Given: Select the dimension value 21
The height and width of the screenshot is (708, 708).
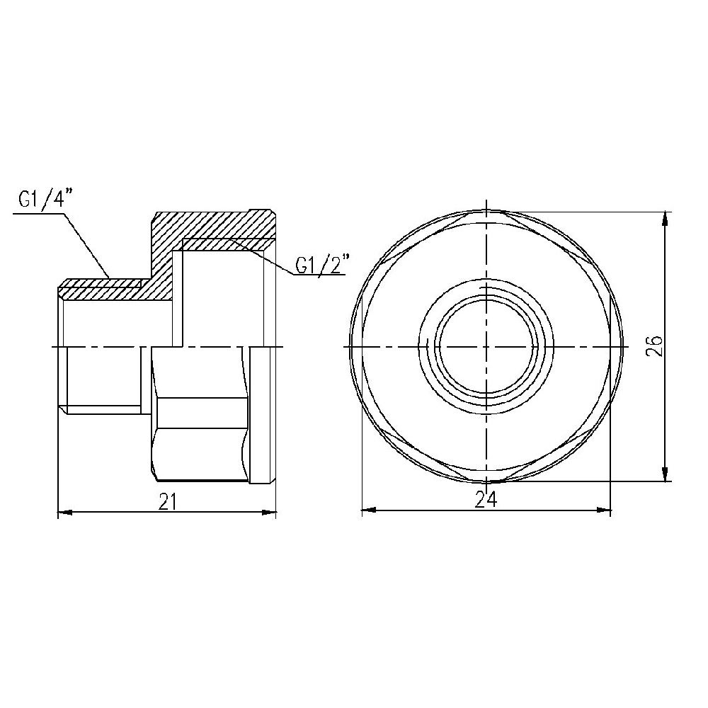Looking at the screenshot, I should point(168,501).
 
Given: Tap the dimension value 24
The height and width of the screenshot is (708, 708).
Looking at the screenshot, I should point(486,500).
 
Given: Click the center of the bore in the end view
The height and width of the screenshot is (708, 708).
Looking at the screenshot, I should point(486,346).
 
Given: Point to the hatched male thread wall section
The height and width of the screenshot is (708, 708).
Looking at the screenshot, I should point(99,289).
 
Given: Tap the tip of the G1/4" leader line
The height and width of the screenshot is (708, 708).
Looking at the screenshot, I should point(108,278).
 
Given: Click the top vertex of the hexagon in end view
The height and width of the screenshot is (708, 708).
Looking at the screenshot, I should point(486,210).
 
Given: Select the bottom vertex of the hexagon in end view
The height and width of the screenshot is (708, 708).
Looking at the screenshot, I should point(486,483).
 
